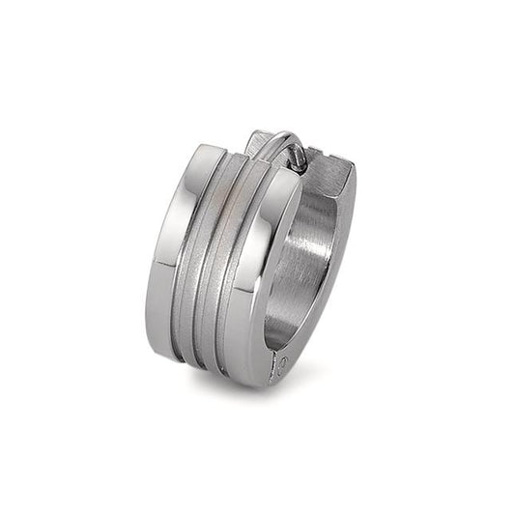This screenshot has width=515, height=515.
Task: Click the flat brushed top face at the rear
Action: click(333, 174)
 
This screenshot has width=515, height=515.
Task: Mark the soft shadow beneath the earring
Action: click(242, 386)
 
